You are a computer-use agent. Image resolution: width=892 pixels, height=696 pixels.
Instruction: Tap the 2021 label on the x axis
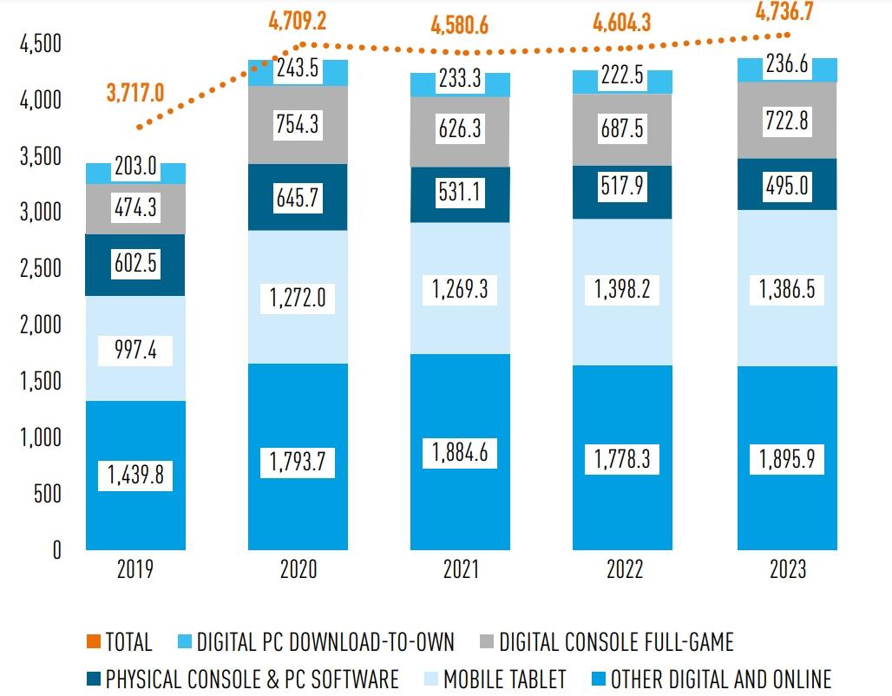tap(461, 569)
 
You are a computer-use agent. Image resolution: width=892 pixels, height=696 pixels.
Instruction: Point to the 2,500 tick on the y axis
tap(41, 268)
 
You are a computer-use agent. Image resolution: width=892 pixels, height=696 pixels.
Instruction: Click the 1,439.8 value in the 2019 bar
tap(135, 475)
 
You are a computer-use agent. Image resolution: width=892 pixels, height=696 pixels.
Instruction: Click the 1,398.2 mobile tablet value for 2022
tap(624, 289)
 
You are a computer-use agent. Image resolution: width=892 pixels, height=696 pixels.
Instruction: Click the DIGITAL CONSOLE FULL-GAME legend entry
tap(607, 642)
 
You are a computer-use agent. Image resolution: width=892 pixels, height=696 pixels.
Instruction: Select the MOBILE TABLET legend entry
tap(495, 679)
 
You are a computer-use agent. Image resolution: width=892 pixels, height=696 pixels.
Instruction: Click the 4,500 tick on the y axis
tap(41, 44)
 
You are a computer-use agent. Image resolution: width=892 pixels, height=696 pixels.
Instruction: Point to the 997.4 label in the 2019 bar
tap(135, 351)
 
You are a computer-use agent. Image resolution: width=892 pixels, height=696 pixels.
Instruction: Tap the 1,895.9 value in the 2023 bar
tap(787, 458)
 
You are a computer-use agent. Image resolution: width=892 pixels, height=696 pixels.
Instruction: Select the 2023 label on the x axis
tap(787, 569)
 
